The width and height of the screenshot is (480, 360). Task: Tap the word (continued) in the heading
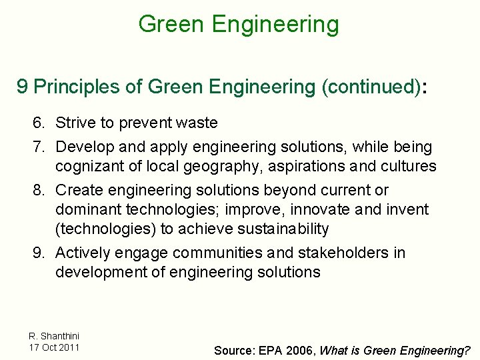click(x=371, y=87)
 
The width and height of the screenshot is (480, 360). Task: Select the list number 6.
click(x=39, y=123)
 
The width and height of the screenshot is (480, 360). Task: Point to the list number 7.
click(x=39, y=147)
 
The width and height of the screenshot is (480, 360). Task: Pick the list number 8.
click(x=39, y=190)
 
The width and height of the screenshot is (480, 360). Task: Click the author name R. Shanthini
click(x=54, y=336)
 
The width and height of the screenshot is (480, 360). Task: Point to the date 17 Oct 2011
click(x=54, y=347)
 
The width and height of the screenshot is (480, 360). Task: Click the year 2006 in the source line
click(x=303, y=350)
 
